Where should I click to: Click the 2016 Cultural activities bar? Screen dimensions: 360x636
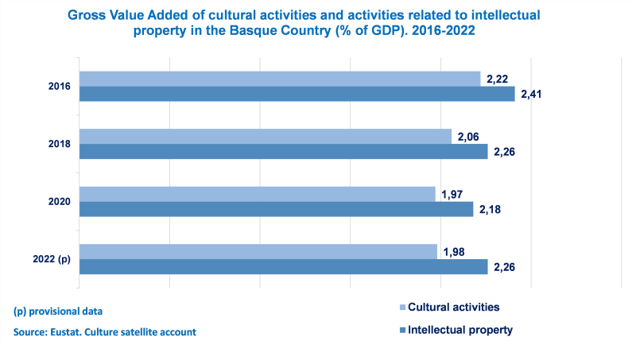click(x=280, y=79)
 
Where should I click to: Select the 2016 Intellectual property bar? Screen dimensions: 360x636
click(x=297, y=94)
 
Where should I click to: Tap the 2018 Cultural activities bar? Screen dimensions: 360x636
click(x=266, y=137)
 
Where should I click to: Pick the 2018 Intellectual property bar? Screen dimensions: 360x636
click(x=284, y=152)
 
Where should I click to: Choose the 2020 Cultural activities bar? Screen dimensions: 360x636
click(x=258, y=194)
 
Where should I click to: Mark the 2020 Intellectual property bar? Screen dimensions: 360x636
click(x=277, y=209)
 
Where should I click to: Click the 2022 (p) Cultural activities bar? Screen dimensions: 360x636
click(x=258, y=251)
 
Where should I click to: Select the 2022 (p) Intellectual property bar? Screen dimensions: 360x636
click(x=284, y=266)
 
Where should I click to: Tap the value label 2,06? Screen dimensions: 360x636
click(x=467, y=137)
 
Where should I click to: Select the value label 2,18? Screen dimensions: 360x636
click(x=490, y=209)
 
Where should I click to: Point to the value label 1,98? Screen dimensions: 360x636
click(x=453, y=252)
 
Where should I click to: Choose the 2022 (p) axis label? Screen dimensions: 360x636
click(x=52, y=259)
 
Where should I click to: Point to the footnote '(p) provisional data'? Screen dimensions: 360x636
click(x=58, y=311)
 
